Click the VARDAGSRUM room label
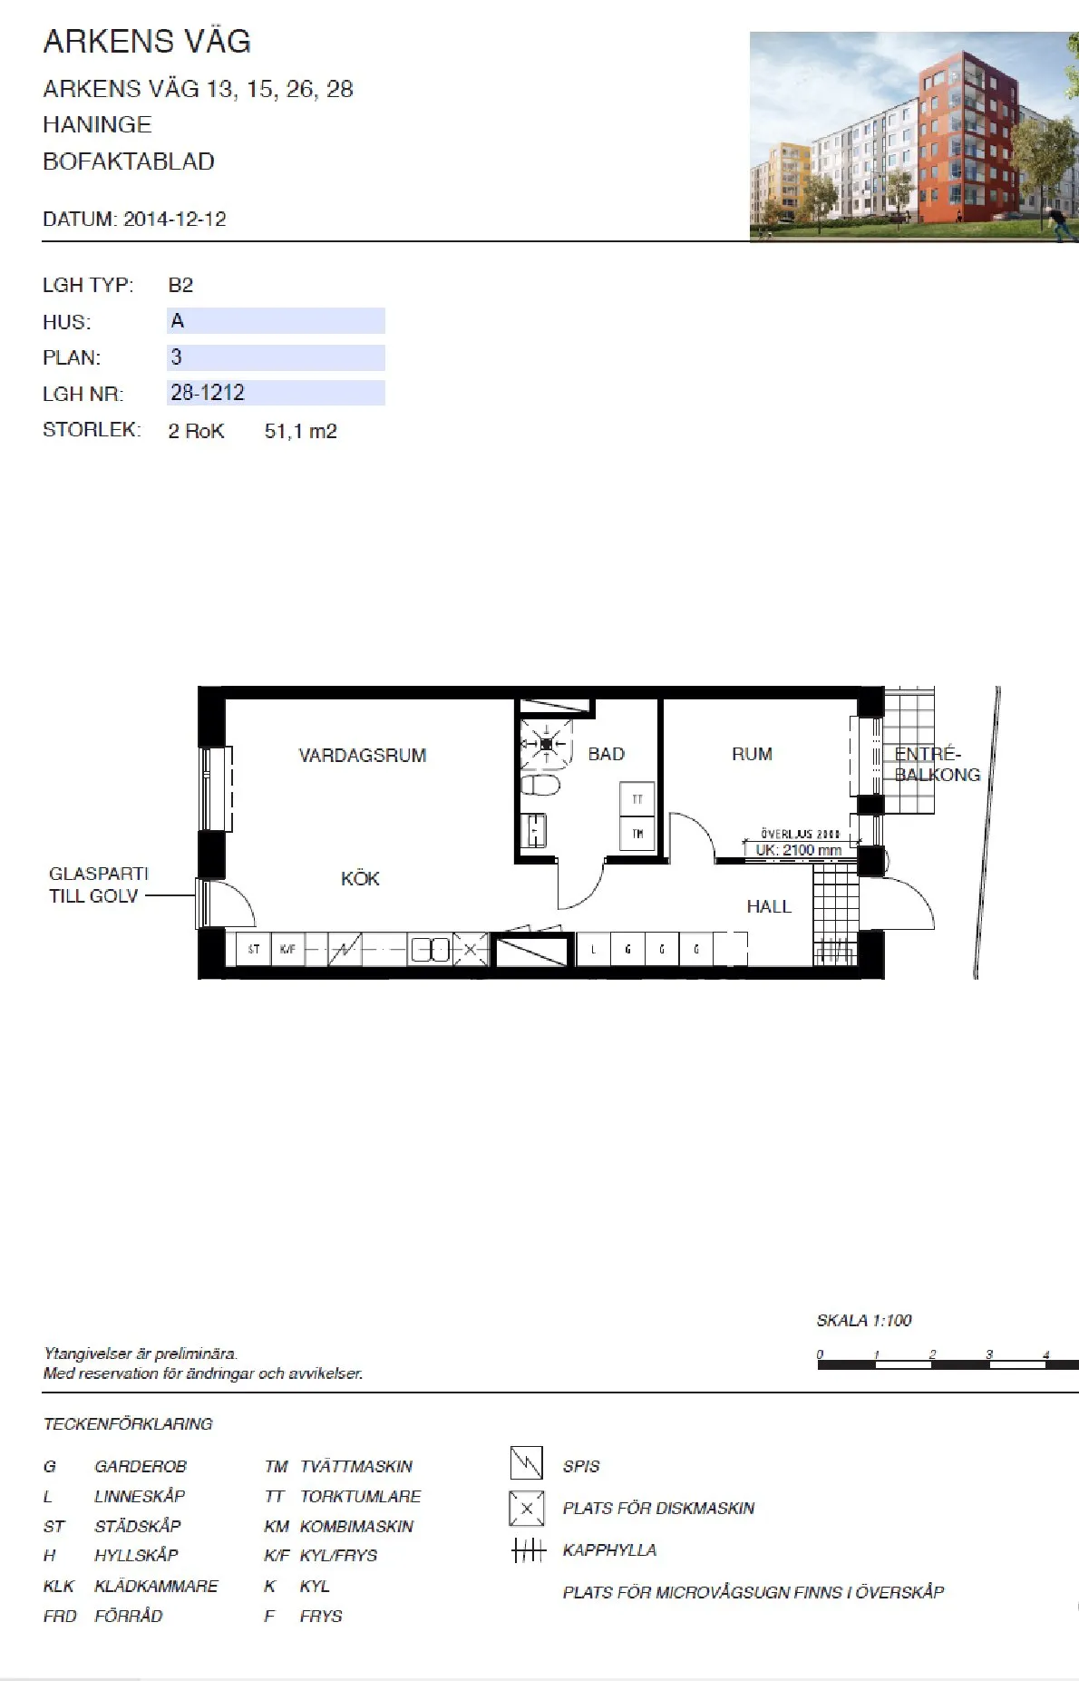tap(362, 755)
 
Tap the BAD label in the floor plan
tap(606, 754)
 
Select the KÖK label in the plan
tap(360, 878)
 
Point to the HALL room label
tap(768, 906)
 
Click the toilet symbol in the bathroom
tap(540, 785)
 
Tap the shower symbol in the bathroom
tap(547, 744)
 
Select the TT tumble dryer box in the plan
tap(637, 799)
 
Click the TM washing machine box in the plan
tap(637, 834)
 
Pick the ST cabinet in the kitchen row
tap(254, 949)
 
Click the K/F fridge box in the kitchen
tap(287, 949)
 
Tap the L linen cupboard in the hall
tap(593, 949)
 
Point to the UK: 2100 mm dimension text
tap(798, 850)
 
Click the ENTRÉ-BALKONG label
tap(937, 764)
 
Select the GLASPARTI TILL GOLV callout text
tap(98, 884)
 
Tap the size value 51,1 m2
tap(300, 432)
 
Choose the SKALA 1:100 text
tap(863, 1320)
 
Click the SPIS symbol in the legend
tap(526, 1463)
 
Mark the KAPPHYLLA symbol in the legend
tap(529, 1549)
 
